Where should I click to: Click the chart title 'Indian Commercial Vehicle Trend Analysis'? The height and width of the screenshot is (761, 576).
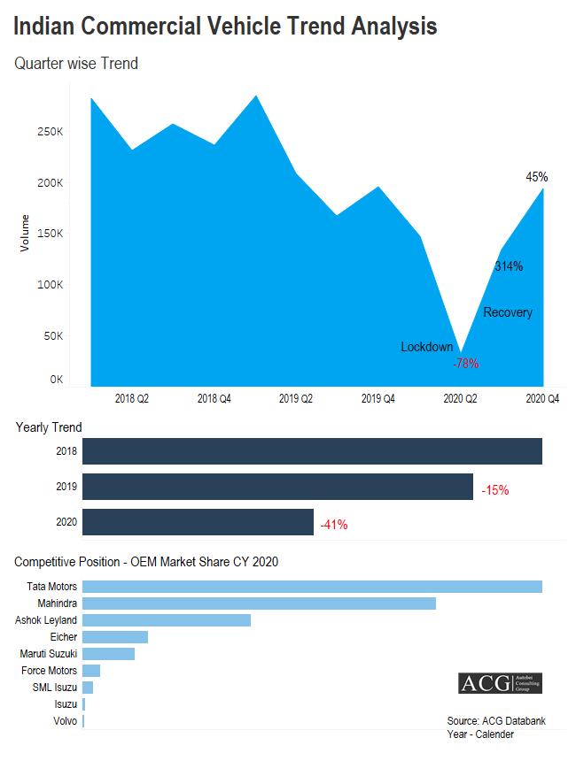(x=225, y=27)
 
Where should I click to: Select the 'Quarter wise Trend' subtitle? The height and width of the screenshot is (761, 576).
(x=76, y=64)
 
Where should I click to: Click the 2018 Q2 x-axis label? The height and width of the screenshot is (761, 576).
(x=132, y=399)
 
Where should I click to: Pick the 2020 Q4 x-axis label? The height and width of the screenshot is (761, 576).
(x=542, y=399)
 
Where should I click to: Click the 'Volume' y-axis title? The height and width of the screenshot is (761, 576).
(x=25, y=233)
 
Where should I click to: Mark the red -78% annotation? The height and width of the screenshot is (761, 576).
(x=465, y=363)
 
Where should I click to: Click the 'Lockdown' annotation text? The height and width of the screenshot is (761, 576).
(x=427, y=347)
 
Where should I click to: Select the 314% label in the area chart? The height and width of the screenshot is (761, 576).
(x=508, y=266)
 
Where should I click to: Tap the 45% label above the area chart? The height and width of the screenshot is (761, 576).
(x=536, y=177)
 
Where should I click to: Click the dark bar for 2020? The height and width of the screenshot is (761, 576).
(x=198, y=522)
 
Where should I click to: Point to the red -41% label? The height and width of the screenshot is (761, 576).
(x=333, y=525)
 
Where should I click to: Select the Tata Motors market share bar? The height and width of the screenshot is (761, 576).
(x=312, y=587)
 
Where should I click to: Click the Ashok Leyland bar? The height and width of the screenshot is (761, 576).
(x=167, y=620)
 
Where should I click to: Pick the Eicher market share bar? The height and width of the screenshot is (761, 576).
(x=115, y=637)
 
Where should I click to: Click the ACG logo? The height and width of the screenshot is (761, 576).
(x=500, y=683)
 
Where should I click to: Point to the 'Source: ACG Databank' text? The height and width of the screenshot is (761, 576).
(x=496, y=721)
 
